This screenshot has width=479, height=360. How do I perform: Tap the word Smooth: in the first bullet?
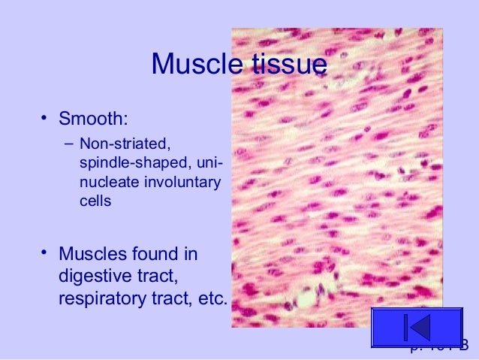click(93, 118)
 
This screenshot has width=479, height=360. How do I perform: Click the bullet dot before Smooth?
click(45, 117)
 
